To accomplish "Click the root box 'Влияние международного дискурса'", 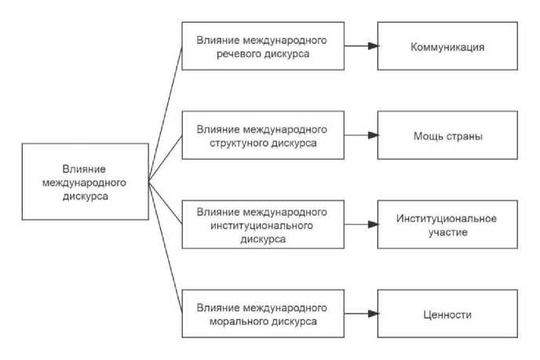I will coord(86,182).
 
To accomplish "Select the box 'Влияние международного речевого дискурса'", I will coord(261,46).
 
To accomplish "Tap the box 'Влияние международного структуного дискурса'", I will coord(261,136).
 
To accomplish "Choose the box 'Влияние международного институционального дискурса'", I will coord(261,225).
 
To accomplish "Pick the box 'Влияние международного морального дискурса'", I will coord(261,314).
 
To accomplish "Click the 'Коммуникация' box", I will coord(447,46).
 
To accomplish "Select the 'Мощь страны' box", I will coord(447,136).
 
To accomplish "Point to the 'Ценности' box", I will coord(447,314).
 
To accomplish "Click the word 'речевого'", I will coord(236,54).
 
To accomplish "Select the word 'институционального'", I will coord(261,225).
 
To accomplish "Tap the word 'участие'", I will coord(447,233).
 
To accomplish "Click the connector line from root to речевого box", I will coord(165,115).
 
